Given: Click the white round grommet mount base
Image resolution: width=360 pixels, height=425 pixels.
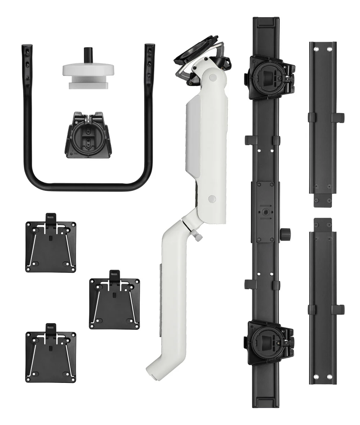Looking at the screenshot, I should (89, 69).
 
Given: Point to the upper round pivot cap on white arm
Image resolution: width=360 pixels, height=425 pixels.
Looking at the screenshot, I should (212, 77).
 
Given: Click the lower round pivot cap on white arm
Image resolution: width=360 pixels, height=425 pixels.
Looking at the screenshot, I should (212, 198).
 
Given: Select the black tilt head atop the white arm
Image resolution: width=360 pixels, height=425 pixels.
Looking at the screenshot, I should (198, 61).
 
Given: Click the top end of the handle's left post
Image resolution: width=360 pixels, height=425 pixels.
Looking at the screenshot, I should (27, 47).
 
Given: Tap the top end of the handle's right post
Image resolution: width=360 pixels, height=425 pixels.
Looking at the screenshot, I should (150, 47).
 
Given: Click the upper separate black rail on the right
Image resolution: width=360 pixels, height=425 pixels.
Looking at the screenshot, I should (323, 122).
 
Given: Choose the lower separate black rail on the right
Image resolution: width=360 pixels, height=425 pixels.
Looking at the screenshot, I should (323, 303).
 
